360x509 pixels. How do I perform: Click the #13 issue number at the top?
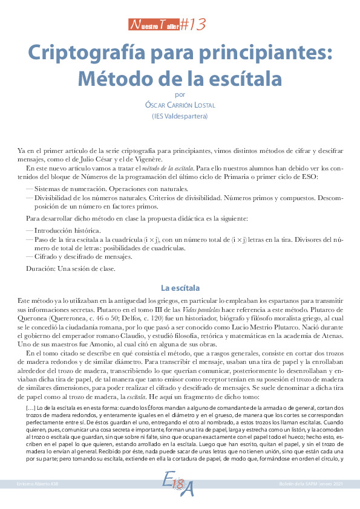pyautogui.click(x=193, y=24)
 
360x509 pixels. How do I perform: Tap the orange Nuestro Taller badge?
pyautogui.click(x=154, y=25)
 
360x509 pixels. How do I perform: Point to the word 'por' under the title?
pyautogui.click(x=179, y=94)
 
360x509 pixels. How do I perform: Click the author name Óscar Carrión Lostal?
pyautogui.click(x=180, y=105)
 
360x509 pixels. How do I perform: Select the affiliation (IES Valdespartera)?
pyautogui.click(x=180, y=116)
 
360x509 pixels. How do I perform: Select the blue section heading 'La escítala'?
pyautogui.click(x=180, y=288)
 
